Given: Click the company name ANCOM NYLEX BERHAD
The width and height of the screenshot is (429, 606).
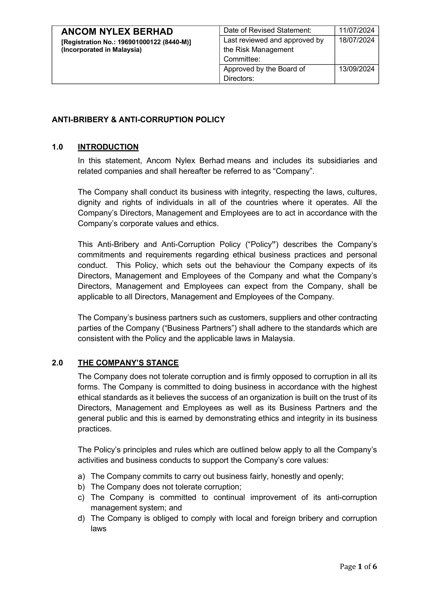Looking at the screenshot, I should (x=117, y=32).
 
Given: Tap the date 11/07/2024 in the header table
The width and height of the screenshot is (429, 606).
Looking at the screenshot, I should (x=357, y=30).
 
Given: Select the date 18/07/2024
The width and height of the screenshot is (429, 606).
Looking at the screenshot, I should (x=357, y=40).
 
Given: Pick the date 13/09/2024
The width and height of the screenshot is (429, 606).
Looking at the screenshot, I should (x=357, y=69).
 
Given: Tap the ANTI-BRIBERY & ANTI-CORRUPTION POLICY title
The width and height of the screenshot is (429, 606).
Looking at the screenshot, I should (x=138, y=120).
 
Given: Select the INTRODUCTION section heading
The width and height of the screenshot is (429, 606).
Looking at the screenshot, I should (x=108, y=147).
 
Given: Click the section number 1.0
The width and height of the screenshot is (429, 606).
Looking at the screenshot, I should (x=57, y=147).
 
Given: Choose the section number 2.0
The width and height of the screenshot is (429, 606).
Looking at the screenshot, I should (x=57, y=363).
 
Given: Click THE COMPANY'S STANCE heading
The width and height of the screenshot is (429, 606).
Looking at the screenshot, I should (x=128, y=363).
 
